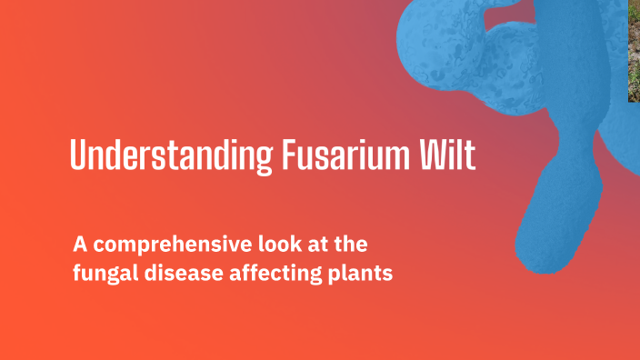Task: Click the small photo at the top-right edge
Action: tap(634, 50)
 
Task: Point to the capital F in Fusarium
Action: tap(283, 155)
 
